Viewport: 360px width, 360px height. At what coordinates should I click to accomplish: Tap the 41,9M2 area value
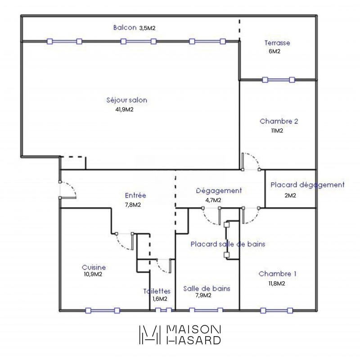126,109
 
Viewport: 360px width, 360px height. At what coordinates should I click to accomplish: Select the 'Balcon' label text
125,27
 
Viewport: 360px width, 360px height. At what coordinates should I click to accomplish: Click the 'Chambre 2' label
279,121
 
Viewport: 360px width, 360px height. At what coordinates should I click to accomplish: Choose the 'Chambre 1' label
278,274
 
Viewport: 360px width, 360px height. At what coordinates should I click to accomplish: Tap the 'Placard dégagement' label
307,184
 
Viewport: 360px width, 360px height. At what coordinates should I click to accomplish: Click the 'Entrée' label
135,195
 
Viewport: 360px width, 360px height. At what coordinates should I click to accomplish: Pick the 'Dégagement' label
219,190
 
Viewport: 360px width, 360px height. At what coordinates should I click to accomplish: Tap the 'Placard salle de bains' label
227,244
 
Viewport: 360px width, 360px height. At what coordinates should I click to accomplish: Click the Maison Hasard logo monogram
150,334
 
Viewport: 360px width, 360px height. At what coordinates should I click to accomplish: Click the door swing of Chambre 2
251,161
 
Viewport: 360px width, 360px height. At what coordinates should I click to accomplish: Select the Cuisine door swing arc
124,242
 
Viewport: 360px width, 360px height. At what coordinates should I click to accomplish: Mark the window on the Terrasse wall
278,80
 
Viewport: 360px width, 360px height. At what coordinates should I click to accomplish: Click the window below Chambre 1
277,310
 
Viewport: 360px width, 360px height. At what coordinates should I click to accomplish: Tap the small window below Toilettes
163,310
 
